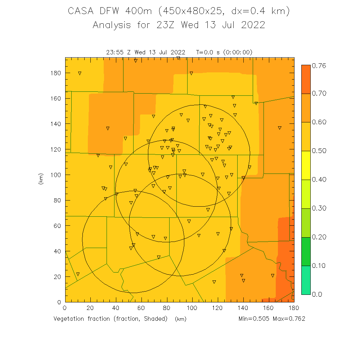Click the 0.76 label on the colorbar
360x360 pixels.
(319, 65)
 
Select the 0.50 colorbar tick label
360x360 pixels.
(319, 151)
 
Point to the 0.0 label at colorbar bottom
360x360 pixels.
(317, 294)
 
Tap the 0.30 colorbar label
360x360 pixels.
(319, 208)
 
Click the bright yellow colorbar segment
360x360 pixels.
(306, 165)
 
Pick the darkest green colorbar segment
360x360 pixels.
(306, 251)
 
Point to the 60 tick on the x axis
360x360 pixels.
(141, 308)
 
